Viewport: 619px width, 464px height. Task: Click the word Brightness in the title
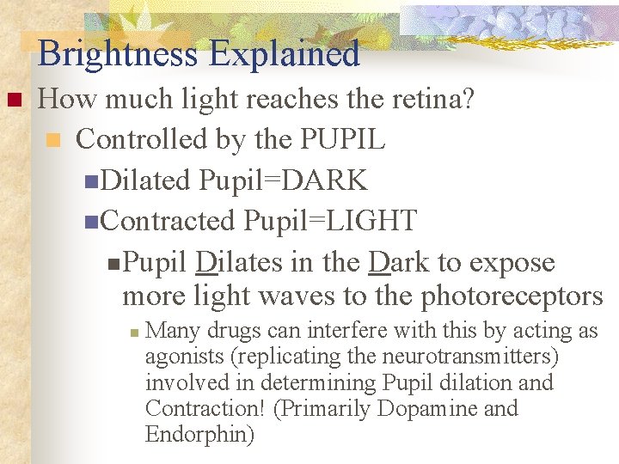tap(117, 53)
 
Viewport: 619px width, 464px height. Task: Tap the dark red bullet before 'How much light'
tap(12, 101)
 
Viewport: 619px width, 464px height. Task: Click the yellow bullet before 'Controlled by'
tap(53, 140)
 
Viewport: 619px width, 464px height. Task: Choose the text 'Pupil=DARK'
tap(283, 180)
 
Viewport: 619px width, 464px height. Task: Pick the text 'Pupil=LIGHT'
tap(330, 221)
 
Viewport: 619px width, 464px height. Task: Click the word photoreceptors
tap(512, 296)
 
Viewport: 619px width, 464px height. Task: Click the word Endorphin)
tap(199, 435)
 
